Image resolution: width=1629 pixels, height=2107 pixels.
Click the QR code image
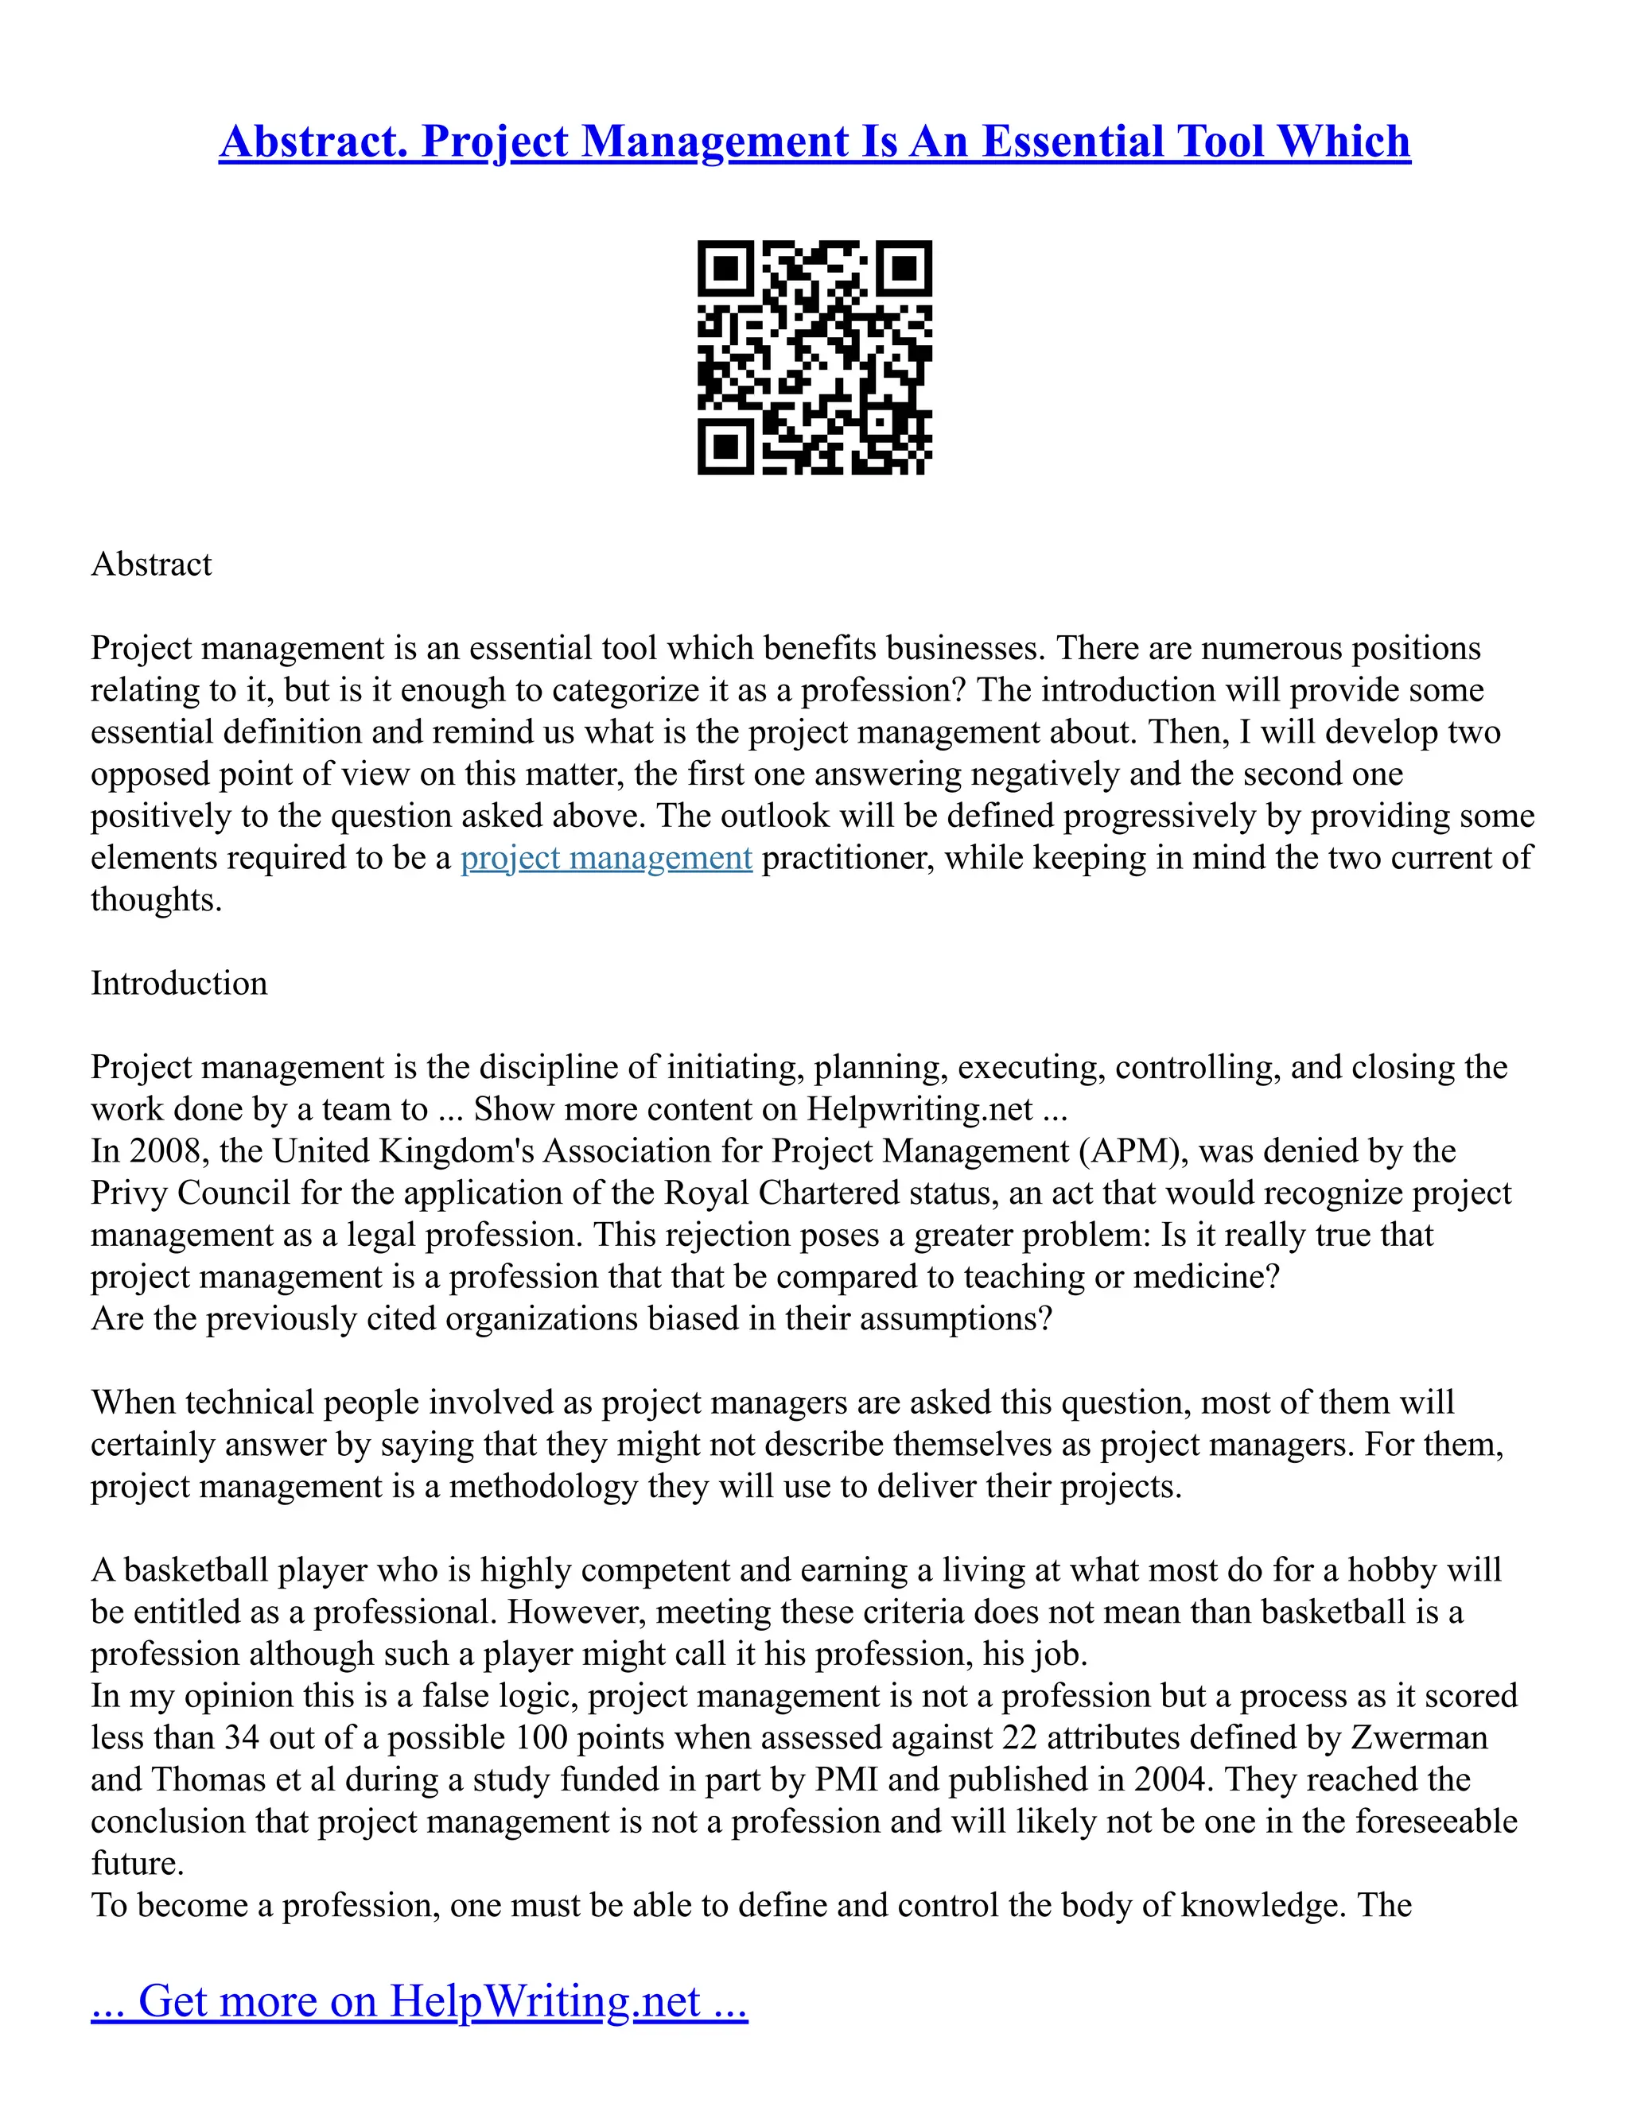click(814, 357)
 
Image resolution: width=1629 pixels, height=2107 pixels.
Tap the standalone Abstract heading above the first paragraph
click(151, 565)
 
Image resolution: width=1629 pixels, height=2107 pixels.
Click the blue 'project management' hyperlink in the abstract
click(606, 858)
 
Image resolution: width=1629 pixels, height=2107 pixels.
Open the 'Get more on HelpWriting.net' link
click(419, 2001)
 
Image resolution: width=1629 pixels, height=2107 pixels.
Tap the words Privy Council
click(190, 1193)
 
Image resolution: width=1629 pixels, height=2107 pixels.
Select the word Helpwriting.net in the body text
click(919, 1109)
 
